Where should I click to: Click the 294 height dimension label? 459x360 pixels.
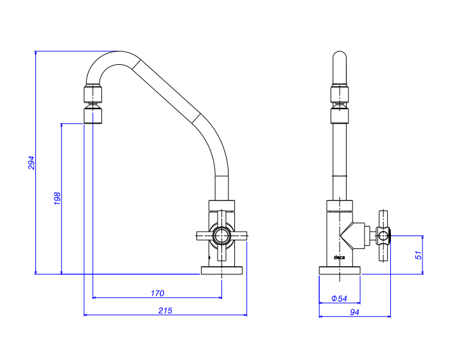click(31, 162)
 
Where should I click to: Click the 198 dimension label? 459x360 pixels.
click(56, 198)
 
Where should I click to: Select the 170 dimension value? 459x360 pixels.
click(157, 293)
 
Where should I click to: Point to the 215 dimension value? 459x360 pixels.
click(165, 311)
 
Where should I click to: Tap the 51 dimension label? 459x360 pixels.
click(419, 255)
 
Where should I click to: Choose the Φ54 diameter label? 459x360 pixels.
click(339, 298)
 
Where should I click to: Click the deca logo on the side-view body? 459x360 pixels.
click(340, 258)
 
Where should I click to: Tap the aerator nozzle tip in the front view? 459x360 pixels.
click(93, 116)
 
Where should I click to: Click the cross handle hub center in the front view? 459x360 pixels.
click(221, 236)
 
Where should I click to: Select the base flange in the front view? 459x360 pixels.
click(222, 270)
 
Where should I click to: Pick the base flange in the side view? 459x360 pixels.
click(340, 270)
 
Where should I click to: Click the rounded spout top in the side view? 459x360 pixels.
click(340, 64)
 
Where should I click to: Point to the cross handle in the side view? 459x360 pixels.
click(384, 236)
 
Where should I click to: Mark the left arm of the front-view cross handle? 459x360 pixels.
click(204, 236)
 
